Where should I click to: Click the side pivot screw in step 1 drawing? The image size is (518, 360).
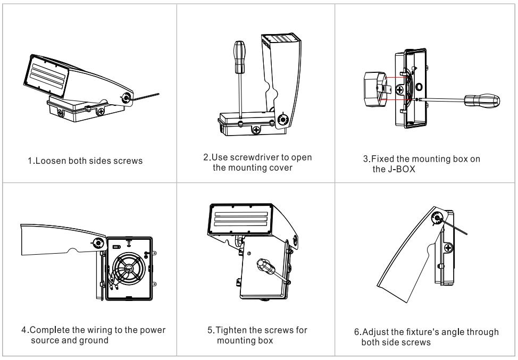click(127, 98)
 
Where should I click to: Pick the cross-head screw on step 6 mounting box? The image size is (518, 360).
click(448, 247)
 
